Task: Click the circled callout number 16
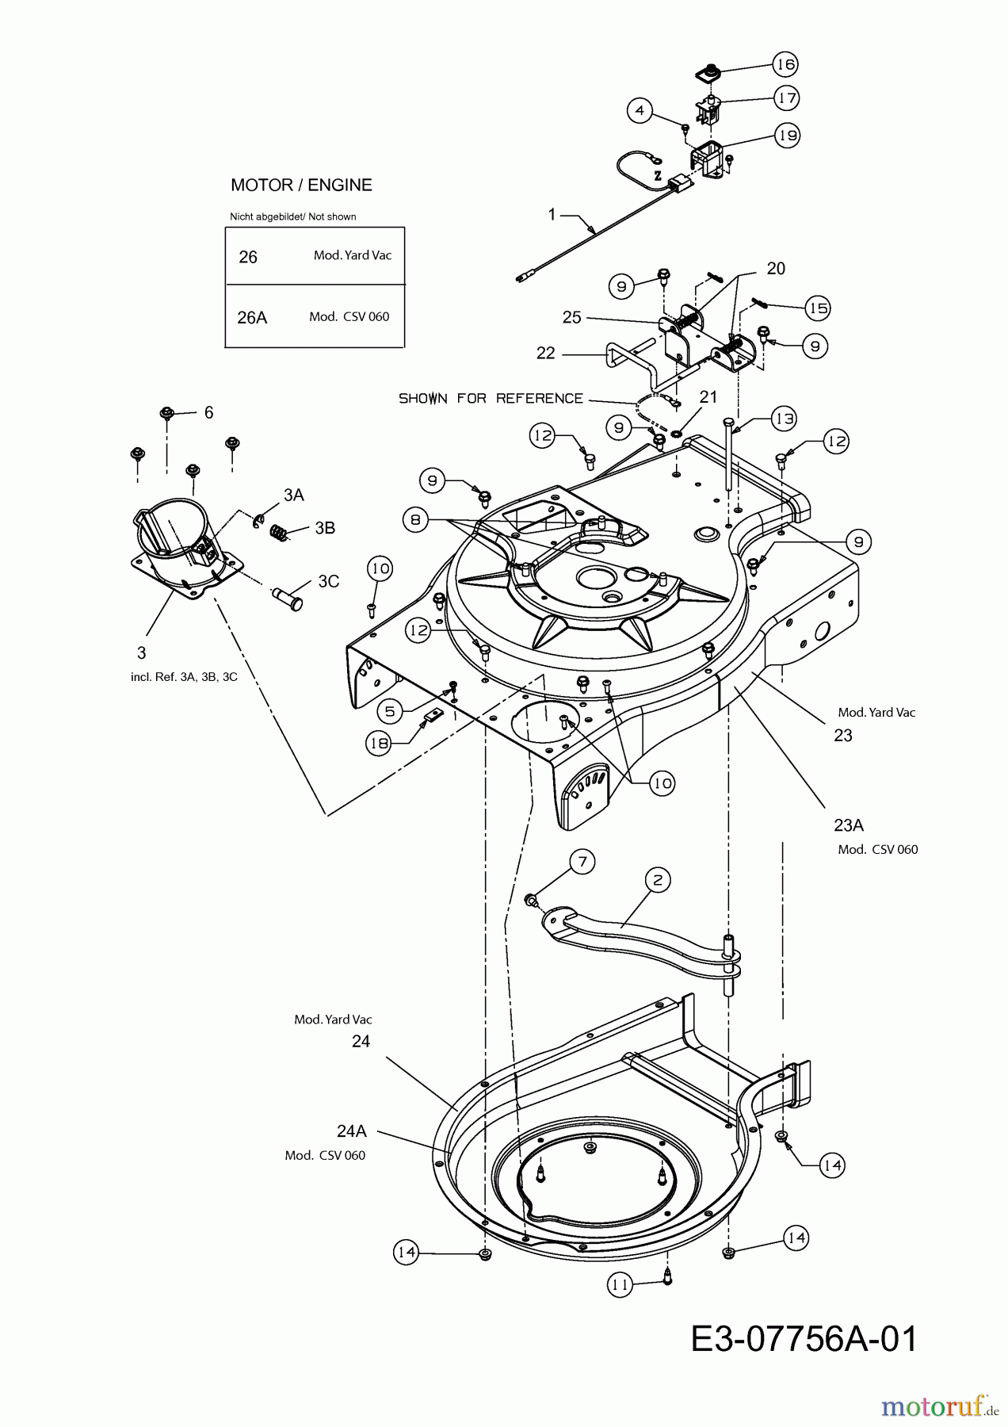[785, 64]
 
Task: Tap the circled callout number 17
[786, 98]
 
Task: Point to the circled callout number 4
[640, 110]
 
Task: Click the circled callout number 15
[817, 308]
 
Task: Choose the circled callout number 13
[783, 419]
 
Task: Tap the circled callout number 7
[582, 862]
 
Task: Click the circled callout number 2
[657, 879]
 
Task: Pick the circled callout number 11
[620, 1285]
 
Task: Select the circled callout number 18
[379, 742]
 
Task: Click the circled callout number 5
[389, 711]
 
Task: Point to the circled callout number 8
[415, 520]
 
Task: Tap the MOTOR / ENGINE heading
[301, 185]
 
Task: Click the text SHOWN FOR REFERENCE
[491, 398]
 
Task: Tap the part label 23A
[848, 825]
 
